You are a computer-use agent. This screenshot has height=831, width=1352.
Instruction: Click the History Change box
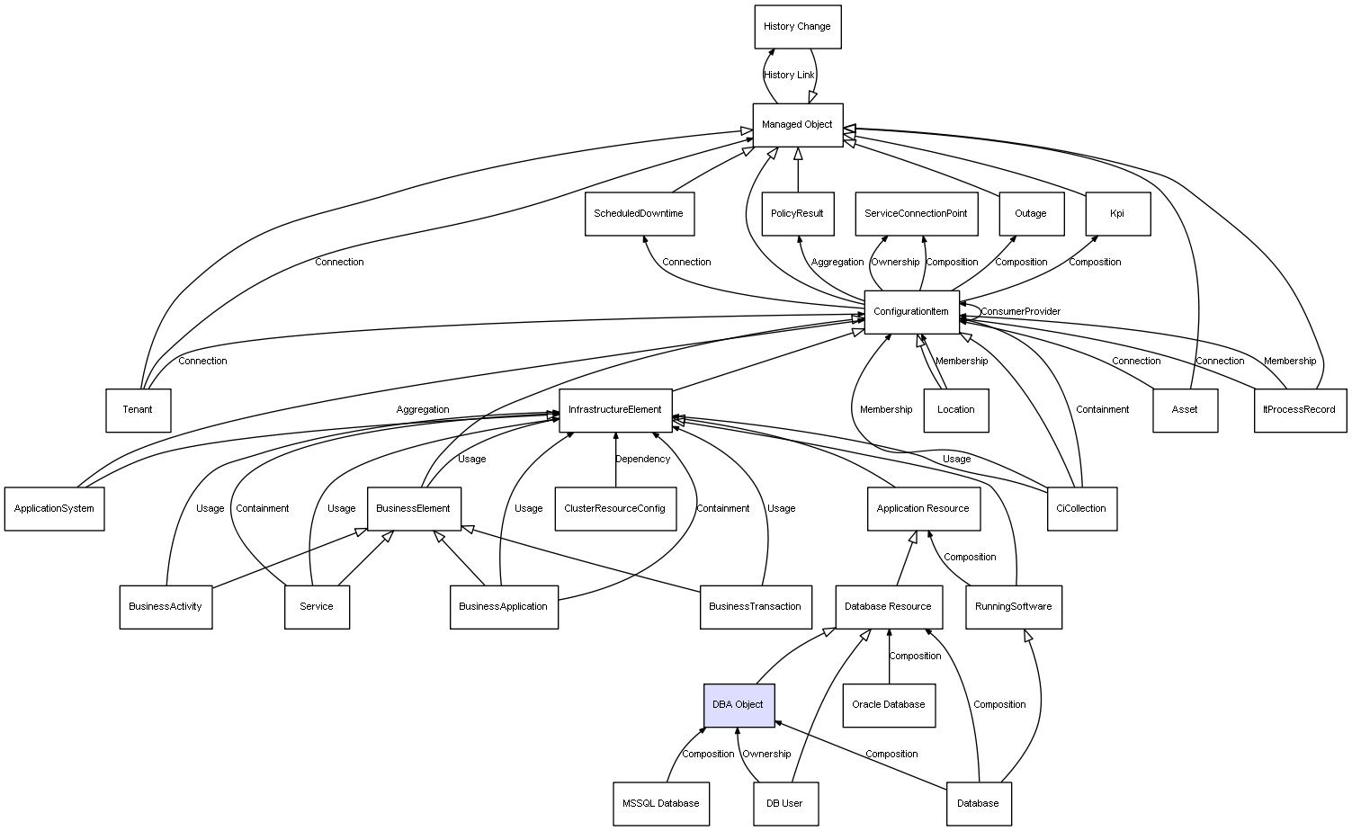click(797, 27)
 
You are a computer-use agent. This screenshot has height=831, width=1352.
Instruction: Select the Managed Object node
click(797, 124)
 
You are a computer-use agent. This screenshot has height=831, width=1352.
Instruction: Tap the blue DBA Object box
click(739, 705)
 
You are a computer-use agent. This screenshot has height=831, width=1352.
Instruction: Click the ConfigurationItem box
click(911, 312)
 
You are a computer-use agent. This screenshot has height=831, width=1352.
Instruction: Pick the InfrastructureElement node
click(615, 410)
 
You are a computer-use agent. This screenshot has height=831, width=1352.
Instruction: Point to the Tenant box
click(138, 410)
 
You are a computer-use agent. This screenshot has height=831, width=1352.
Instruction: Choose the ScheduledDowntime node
click(639, 214)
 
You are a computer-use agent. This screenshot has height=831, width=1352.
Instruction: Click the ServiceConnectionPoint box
click(916, 214)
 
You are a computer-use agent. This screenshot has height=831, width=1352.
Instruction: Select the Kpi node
click(1117, 214)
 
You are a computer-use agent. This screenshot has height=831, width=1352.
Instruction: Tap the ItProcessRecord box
click(1300, 410)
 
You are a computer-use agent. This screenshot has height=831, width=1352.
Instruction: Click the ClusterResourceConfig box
click(615, 509)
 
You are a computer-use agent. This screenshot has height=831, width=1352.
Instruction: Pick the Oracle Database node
click(889, 705)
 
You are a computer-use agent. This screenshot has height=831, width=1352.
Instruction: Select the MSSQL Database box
click(661, 803)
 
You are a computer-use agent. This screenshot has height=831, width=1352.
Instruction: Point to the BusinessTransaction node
click(756, 607)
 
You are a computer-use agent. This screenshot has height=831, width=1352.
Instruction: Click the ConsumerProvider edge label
click(1020, 312)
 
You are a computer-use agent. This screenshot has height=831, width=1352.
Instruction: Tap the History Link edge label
click(789, 76)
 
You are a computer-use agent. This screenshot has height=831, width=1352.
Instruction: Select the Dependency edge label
click(642, 460)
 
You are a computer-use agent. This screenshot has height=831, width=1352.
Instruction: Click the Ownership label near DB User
click(766, 755)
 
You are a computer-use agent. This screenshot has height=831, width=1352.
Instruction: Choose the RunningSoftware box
click(1014, 607)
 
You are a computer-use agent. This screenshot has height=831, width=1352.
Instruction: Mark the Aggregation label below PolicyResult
click(837, 263)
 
